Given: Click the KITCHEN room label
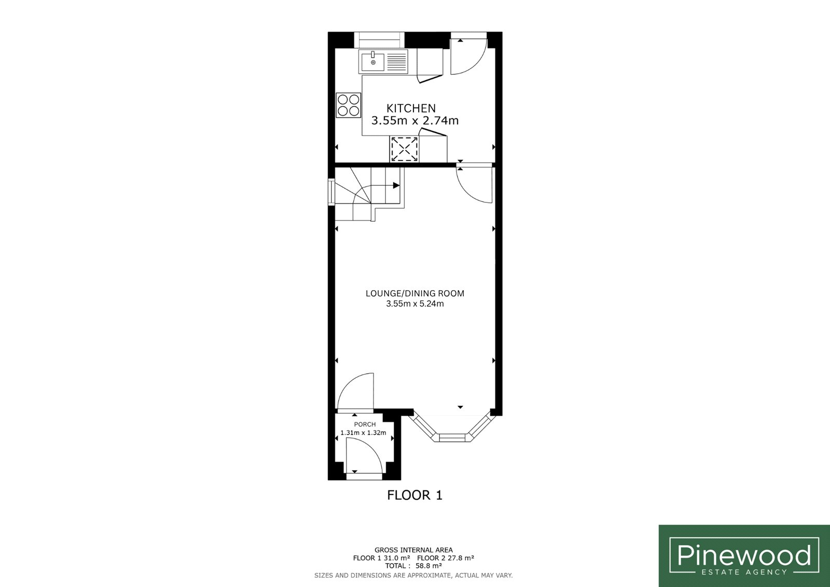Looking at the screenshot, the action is (411, 108).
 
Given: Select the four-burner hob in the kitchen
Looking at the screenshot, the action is (348, 105).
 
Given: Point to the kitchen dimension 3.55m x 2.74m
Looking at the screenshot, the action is (415, 120).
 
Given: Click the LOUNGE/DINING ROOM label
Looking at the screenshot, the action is (415, 293).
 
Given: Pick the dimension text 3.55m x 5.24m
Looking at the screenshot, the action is (415, 304).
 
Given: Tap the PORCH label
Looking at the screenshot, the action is (365, 424).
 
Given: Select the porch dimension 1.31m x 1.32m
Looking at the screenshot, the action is (364, 433).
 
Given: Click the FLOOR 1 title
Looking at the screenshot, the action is (414, 496).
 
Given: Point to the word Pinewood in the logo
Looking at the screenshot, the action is (744, 555).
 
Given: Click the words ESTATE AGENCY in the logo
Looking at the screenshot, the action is (744, 572).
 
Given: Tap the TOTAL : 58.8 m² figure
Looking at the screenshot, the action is (413, 566).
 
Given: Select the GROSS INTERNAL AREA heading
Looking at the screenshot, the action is (413, 550).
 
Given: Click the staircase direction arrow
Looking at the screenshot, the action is (396, 185).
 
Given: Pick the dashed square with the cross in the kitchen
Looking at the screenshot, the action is (404, 149).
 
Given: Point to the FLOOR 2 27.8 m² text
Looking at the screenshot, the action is (446, 558).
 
